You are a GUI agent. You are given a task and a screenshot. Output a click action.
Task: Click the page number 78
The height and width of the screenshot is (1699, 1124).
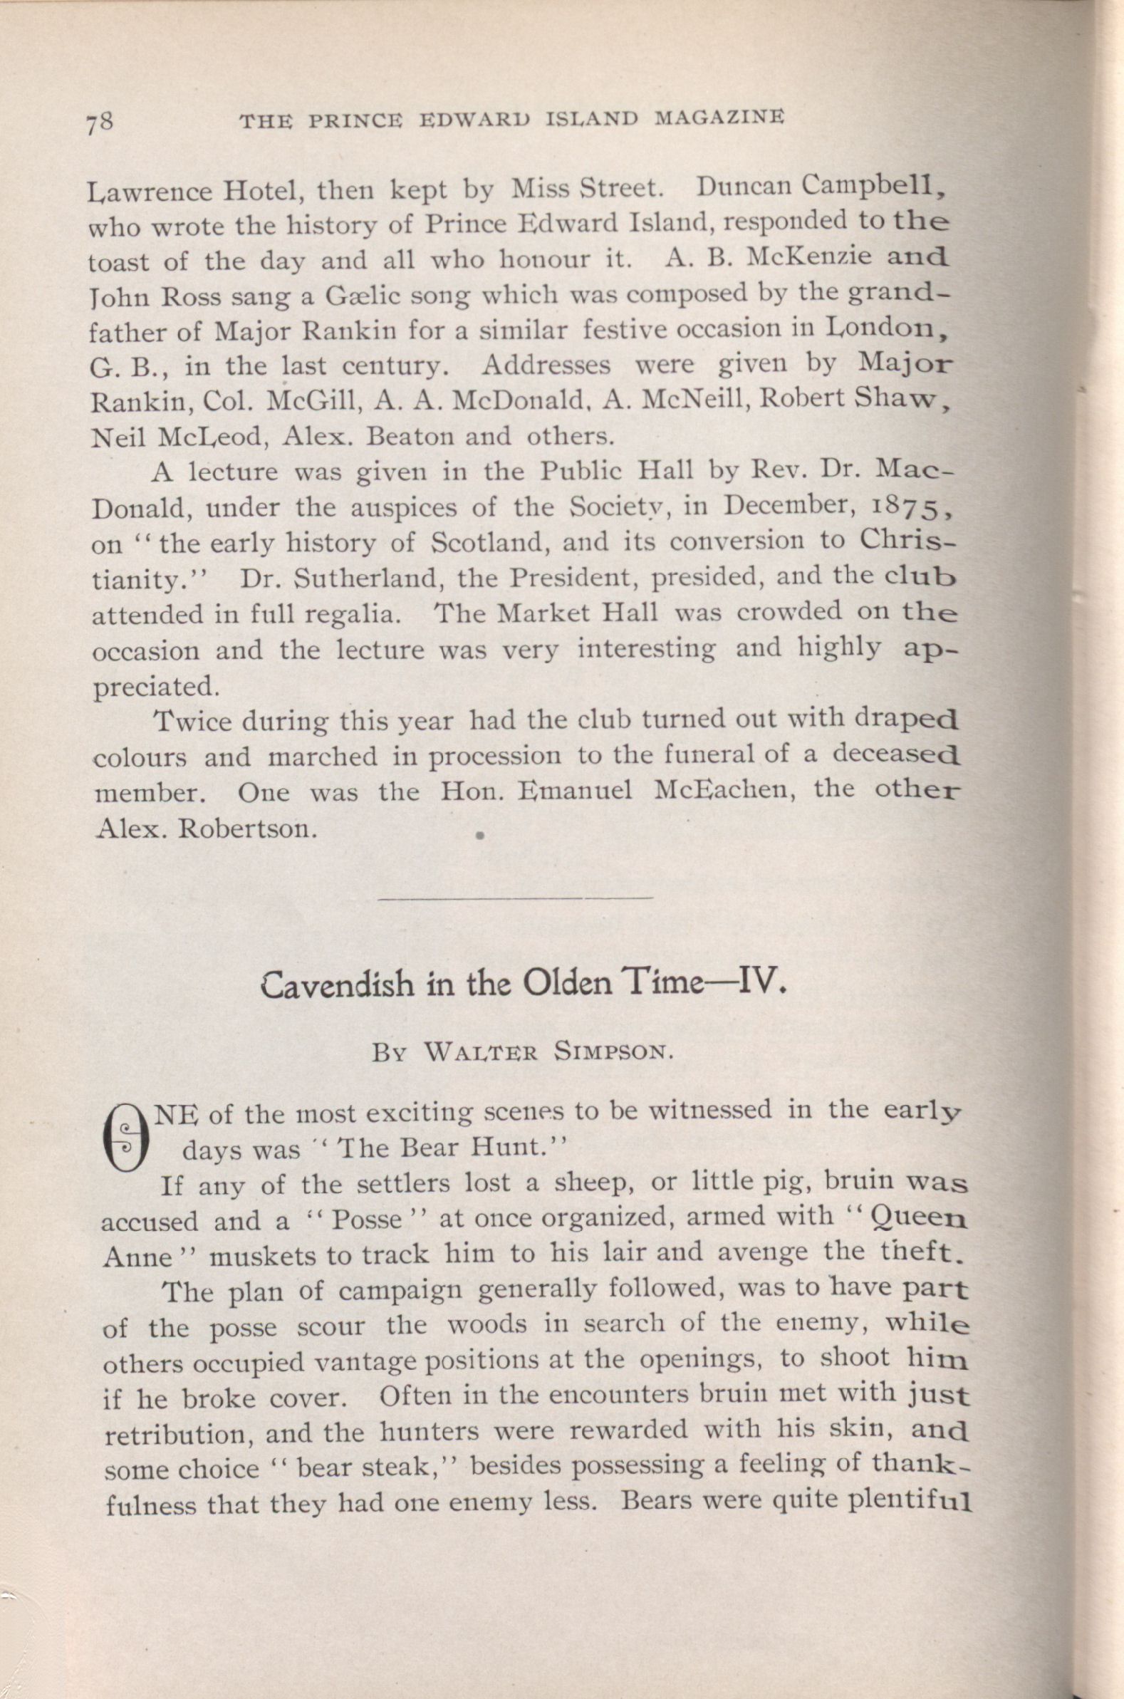pyautogui.click(x=100, y=122)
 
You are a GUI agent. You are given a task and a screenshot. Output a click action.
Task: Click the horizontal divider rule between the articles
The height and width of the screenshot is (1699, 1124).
pyautogui.click(x=515, y=897)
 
